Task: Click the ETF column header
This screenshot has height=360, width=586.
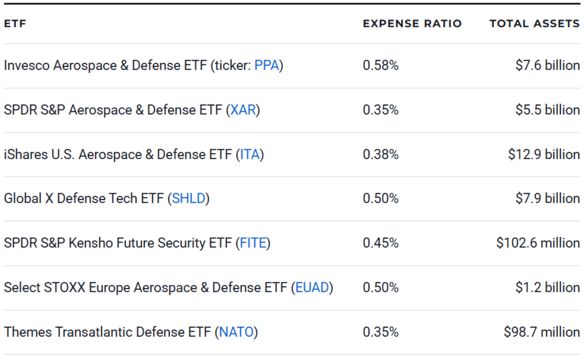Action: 15,24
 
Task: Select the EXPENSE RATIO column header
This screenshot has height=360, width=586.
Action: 412,24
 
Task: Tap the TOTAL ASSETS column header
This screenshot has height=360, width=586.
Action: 534,24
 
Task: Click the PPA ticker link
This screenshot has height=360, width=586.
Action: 266,66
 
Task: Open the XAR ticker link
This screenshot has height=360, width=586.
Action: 242,110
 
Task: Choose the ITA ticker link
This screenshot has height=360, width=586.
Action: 250,154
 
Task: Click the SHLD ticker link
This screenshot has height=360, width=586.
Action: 190,198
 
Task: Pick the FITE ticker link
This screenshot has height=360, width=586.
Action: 253,243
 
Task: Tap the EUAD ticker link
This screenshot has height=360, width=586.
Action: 311,288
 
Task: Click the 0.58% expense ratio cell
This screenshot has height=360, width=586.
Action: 380,66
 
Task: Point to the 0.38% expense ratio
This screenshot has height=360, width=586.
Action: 380,154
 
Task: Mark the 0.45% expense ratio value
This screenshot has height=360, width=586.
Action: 380,243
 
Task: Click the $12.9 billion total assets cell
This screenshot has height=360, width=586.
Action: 543,154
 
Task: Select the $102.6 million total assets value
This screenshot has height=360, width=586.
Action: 538,243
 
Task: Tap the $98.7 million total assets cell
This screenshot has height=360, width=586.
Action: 541,332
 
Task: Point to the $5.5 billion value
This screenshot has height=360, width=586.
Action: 547,110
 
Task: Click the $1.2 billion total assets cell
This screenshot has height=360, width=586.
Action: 547,288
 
